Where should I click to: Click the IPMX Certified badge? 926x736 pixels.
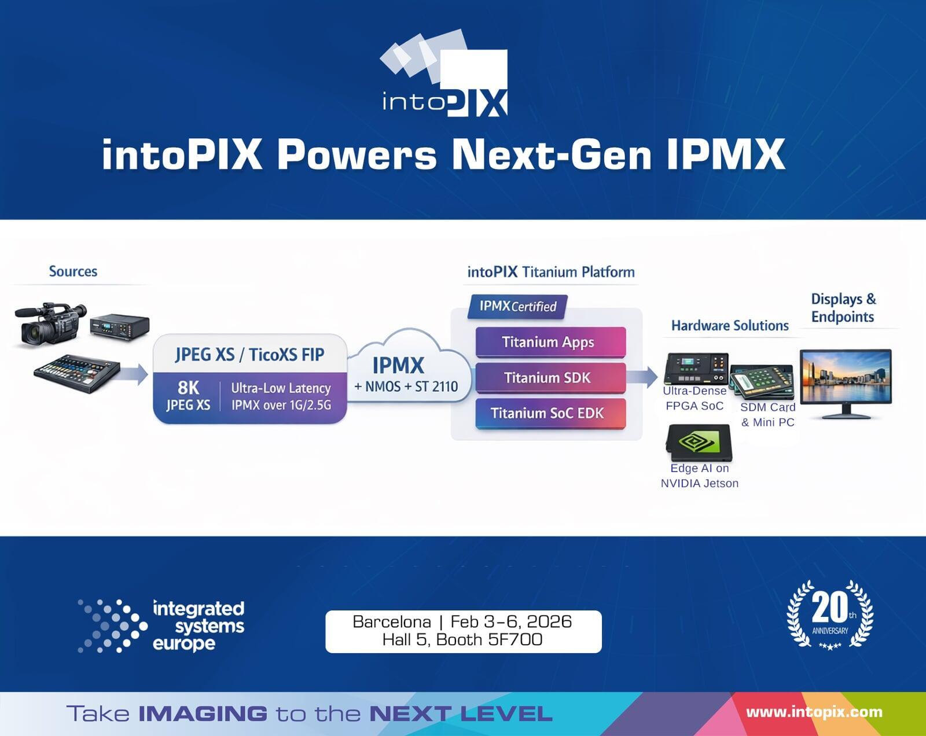[517, 307]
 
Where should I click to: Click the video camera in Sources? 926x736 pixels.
[50, 324]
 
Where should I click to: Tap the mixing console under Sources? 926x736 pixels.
[76, 374]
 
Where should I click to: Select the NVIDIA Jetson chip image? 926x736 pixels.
[699, 443]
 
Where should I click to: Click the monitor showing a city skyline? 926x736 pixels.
[846, 382]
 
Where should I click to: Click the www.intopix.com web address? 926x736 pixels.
[814, 712]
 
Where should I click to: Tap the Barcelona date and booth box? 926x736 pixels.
[463, 631]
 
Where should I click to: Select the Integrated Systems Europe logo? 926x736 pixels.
[161, 626]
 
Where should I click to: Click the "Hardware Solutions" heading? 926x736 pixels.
[730, 326]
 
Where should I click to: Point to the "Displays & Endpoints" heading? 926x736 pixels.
[843, 308]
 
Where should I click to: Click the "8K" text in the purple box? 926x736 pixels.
[189, 387]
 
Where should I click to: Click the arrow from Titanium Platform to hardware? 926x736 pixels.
[643, 377]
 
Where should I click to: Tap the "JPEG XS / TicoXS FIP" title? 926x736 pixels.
[250, 355]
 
